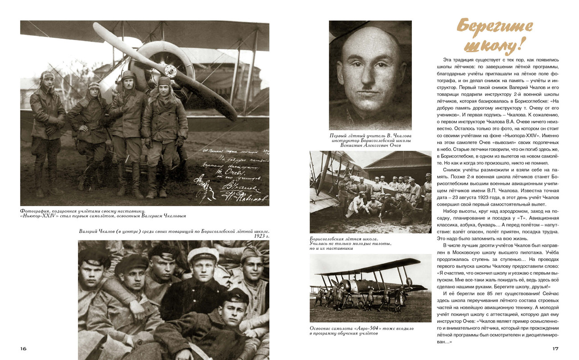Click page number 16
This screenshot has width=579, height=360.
pos(23,348)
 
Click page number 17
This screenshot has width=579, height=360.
pos(555,348)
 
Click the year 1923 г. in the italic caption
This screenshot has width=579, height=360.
pos(261,236)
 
